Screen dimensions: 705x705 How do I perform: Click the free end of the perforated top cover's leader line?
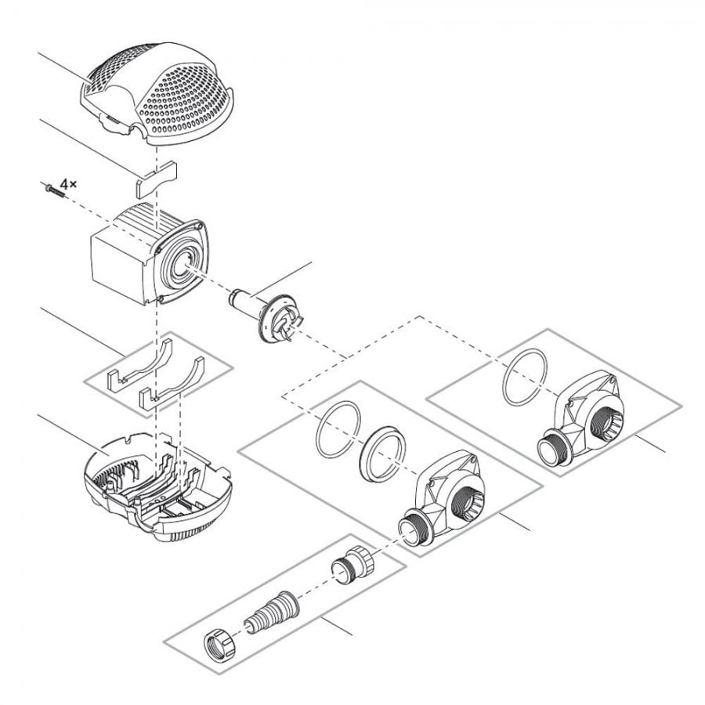pos(38,53)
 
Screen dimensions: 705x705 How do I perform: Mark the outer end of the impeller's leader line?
pos(311,262)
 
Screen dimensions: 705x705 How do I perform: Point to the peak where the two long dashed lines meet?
pos(420,316)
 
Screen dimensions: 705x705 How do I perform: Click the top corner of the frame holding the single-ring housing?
pos(548,329)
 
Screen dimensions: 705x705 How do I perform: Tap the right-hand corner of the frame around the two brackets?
pos(233,368)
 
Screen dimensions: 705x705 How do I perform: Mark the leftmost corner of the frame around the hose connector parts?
pos(164,642)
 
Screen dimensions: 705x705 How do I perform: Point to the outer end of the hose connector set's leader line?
pos(352,635)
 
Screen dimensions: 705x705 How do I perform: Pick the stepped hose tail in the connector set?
pos(271,611)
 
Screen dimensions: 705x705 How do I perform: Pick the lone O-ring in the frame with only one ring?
pos(525,377)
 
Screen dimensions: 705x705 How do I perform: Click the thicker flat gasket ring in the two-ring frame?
pos(382,454)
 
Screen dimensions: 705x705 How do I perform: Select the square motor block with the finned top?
pos(150,254)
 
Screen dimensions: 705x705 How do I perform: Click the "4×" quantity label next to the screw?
pos(69,183)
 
